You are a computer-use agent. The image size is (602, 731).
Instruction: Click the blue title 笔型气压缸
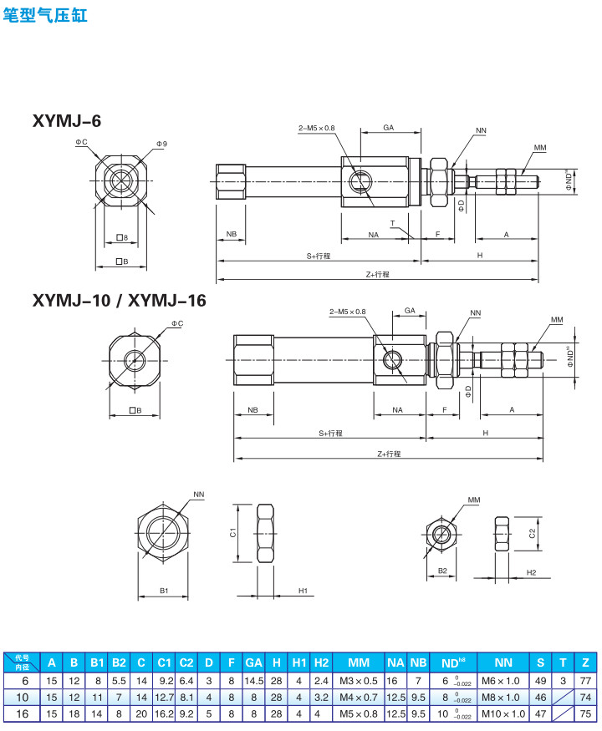[45, 15]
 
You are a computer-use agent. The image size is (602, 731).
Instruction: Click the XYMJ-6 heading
[67, 121]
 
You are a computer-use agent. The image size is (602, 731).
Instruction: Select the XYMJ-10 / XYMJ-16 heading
[119, 300]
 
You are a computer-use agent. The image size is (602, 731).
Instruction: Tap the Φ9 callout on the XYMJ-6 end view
[161, 144]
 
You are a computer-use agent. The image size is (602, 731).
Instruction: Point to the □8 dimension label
[122, 238]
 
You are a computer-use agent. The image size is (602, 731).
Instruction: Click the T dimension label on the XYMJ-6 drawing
[392, 223]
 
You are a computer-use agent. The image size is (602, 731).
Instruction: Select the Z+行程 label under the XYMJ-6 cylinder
[378, 275]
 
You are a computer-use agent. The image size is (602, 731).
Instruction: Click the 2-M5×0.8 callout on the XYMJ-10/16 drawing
[348, 312]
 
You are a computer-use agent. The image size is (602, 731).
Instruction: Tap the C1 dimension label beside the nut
[233, 532]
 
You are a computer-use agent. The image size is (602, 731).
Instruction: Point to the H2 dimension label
[531, 572]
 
